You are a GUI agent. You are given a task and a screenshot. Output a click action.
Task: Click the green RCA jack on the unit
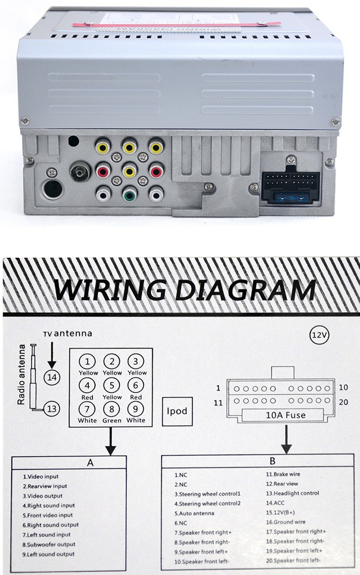click(130, 195)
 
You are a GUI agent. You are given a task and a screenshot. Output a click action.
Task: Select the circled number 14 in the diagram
click(53, 377)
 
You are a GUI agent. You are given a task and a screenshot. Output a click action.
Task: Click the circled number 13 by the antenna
click(53, 409)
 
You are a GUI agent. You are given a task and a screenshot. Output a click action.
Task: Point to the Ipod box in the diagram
click(177, 411)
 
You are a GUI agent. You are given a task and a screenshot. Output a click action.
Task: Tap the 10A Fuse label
click(283, 415)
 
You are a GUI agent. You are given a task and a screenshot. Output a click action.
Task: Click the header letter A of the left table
click(90, 462)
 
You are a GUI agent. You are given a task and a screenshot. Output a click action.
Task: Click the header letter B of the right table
click(272, 461)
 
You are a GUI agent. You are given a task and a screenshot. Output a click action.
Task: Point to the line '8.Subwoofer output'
click(49, 544)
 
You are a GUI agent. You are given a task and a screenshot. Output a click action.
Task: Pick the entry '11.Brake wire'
click(283, 474)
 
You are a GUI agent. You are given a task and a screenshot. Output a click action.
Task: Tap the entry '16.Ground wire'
click(285, 522)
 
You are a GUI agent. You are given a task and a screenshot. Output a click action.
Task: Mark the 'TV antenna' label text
click(67, 334)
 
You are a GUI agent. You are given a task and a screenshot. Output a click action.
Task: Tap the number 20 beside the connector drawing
click(343, 402)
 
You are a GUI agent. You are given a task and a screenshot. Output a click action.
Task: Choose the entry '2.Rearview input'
click(45, 486)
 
